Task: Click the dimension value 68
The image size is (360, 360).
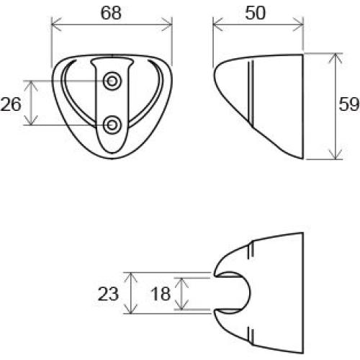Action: [112, 12]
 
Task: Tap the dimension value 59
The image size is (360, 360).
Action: [348, 105]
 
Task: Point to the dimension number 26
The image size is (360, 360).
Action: [11, 104]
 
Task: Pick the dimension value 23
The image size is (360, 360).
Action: [107, 294]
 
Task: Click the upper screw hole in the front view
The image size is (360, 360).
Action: [112, 81]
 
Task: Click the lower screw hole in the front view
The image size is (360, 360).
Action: [112, 126]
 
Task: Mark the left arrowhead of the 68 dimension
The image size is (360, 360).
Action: [55, 27]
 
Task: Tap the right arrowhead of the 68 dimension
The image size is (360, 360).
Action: [171, 27]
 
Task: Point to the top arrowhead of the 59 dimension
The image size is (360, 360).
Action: [336, 55]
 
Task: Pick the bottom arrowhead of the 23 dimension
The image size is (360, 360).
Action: [130, 311]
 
